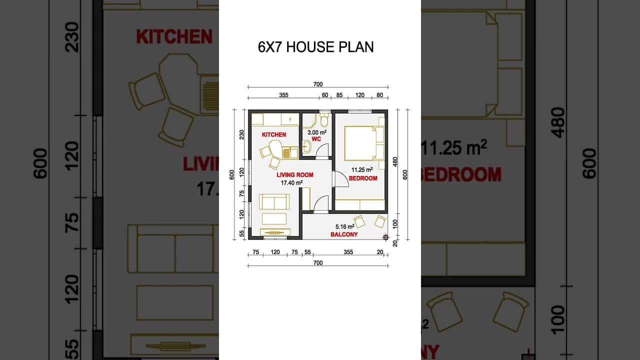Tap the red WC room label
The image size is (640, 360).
click(316, 139)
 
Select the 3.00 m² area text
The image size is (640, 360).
click(317, 132)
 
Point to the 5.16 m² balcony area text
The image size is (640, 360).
click(345, 226)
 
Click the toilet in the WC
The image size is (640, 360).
click(324, 120)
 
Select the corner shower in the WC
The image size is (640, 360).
click(309, 120)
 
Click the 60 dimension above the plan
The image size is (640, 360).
click(325, 95)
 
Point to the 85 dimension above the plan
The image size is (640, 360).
click(339, 95)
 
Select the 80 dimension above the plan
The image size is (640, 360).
click(379, 95)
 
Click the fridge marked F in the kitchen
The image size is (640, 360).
click(290, 119)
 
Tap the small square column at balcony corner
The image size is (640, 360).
click(385, 237)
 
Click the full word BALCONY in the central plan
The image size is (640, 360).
click(344, 234)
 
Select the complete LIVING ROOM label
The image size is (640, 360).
click(295, 175)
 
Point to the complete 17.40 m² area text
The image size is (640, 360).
click(291, 183)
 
